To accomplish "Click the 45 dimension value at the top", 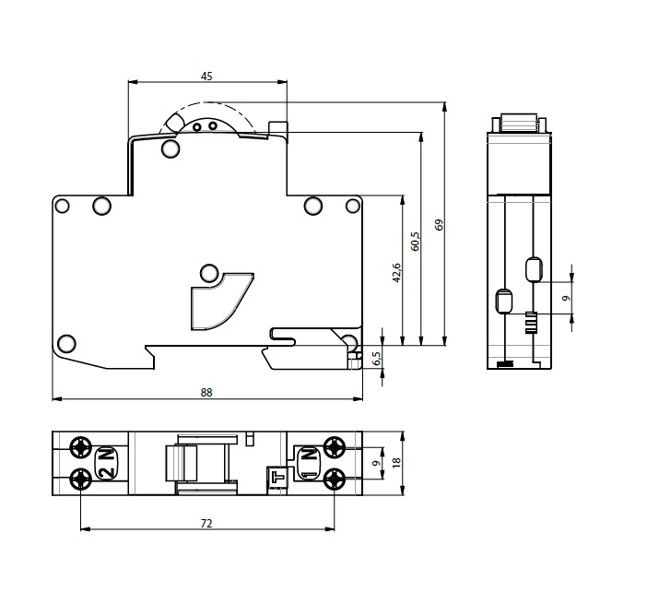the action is point(206,77).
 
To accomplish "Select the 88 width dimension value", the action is point(206,393).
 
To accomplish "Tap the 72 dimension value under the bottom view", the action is point(206,523).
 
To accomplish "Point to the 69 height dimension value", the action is point(440,225).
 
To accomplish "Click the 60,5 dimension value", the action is point(416,241).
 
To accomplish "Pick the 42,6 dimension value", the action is point(396,273).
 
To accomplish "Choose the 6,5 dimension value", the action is point(377,359).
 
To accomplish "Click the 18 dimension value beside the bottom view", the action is point(396,462).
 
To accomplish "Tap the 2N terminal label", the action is point(108,463).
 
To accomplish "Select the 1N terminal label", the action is point(309,463).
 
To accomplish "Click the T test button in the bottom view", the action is point(277,478).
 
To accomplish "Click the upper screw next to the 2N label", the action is point(81,447).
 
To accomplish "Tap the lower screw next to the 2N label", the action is point(81,479).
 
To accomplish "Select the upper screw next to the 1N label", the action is point(335,447).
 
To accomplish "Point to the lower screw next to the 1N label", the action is point(335,479).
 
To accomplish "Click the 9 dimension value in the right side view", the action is point(566,298).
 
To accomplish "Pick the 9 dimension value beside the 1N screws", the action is point(377,463).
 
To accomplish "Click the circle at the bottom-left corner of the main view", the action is point(66,343).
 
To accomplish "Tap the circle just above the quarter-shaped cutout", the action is point(209,273).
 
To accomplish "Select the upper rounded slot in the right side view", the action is point(535,268).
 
